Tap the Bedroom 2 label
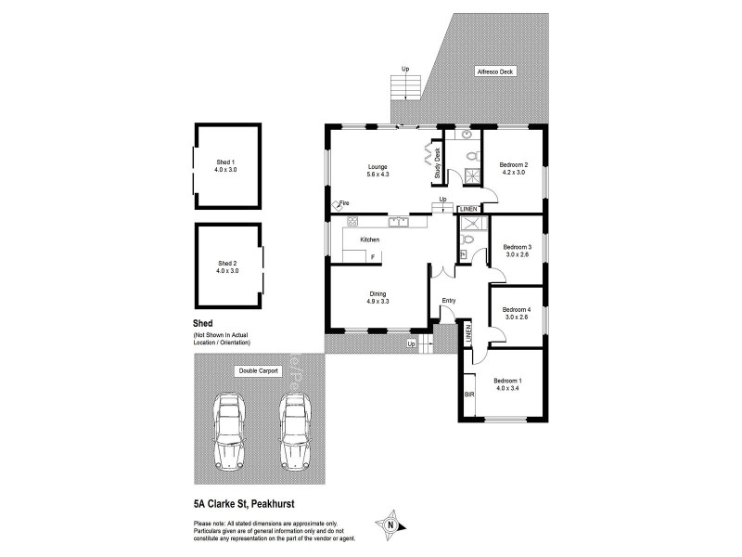click(x=513, y=167)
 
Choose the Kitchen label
click(x=369, y=240)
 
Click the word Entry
click(x=449, y=300)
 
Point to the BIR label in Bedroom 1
click(x=468, y=395)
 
